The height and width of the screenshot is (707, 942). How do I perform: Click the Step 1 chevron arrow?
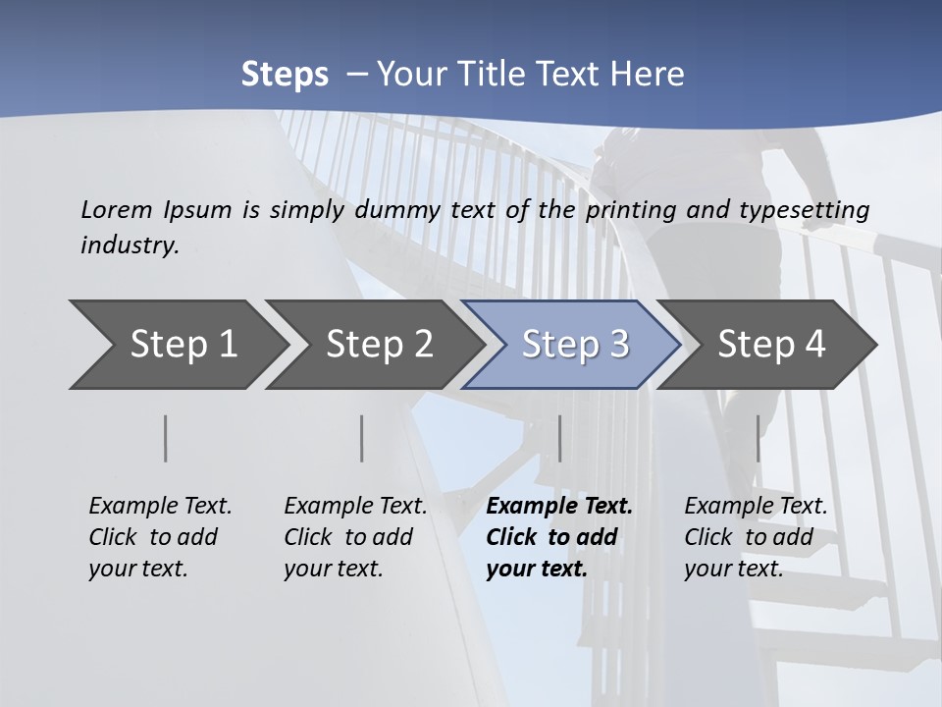[177, 345]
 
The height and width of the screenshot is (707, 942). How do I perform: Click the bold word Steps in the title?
[285, 75]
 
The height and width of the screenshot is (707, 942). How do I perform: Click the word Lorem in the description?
[117, 209]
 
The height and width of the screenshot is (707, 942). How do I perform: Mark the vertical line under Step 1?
[166, 438]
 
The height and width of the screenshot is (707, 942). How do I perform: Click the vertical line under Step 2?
[362, 438]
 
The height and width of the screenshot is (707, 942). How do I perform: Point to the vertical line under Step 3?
[559, 438]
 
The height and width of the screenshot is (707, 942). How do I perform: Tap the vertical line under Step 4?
[758, 438]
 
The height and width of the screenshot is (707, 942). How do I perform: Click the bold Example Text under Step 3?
[559, 507]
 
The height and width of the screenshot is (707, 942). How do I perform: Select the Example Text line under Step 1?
[160, 507]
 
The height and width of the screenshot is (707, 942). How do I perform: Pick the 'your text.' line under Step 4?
[733, 569]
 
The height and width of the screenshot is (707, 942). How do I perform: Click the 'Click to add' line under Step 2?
[348, 537]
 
